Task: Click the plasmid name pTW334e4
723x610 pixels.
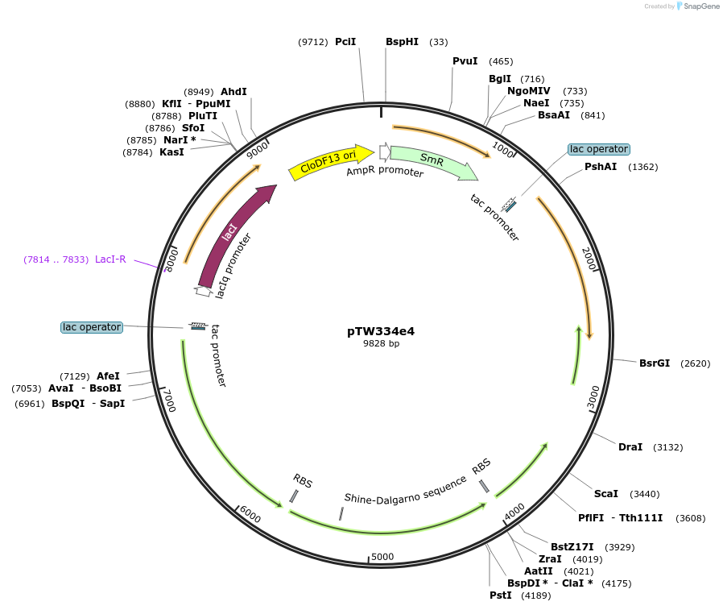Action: tap(381, 330)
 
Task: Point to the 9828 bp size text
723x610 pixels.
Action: tap(381, 343)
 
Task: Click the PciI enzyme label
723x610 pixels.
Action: tap(345, 42)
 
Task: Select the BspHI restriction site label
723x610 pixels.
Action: tap(402, 42)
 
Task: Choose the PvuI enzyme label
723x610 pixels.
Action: tap(465, 61)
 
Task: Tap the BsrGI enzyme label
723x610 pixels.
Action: tap(655, 363)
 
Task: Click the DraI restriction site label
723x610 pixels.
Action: tap(630, 447)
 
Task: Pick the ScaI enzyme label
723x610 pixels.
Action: tap(605, 494)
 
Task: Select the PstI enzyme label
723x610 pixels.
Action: tap(500, 595)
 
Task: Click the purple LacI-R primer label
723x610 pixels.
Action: tap(110, 259)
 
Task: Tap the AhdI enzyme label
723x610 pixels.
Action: tap(233, 92)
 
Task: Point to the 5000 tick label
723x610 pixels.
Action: tap(382, 557)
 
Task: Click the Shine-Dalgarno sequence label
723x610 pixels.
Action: tap(405, 489)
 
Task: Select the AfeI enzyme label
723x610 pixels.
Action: tap(108, 376)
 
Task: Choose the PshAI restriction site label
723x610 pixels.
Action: tap(600, 167)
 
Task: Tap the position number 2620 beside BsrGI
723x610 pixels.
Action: tap(696, 363)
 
